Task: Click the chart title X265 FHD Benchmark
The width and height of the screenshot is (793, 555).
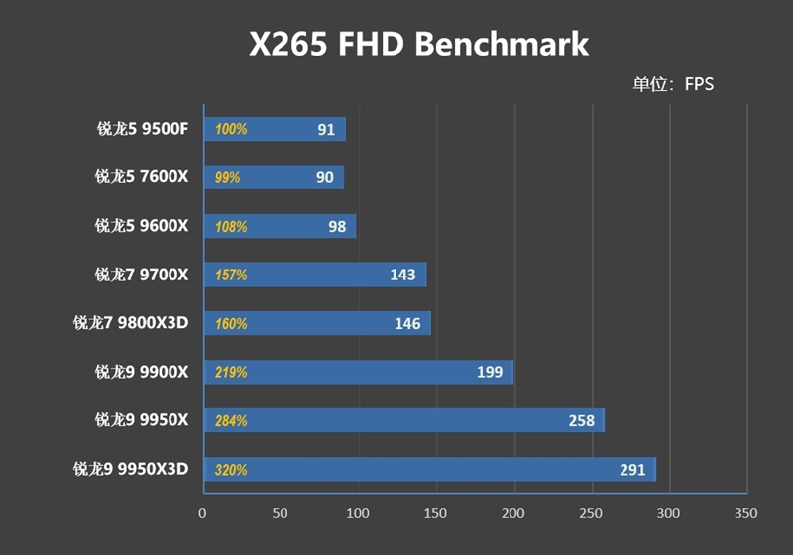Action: point(417,44)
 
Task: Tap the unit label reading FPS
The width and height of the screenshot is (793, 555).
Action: point(674,84)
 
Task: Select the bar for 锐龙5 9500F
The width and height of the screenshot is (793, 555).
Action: point(275,129)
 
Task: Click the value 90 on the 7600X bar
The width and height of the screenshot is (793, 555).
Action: point(324,177)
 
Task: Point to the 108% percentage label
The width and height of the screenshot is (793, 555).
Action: point(231,226)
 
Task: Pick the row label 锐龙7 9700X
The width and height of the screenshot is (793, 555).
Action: point(142,275)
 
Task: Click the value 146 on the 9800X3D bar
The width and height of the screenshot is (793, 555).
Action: point(407,323)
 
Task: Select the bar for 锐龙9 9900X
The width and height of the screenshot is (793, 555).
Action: point(358,372)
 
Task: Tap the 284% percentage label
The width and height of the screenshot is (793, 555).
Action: point(231,420)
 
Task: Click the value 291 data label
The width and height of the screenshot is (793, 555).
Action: point(632,469)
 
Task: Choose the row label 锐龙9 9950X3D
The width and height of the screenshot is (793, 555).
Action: point(131,469)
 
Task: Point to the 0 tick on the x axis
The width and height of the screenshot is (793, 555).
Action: point(203,513)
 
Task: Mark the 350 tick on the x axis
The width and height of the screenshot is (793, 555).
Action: point(746,513)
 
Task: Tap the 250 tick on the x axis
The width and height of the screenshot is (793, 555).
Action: point(592,513)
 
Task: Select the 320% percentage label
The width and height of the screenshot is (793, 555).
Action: point(231,469)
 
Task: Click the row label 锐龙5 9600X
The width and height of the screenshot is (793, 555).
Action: point(142,226)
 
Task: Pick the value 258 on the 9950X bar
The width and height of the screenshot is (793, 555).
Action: point(582,420)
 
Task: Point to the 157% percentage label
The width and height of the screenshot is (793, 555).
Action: point(231,275)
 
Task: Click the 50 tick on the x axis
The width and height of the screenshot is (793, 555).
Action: point(281,513)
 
